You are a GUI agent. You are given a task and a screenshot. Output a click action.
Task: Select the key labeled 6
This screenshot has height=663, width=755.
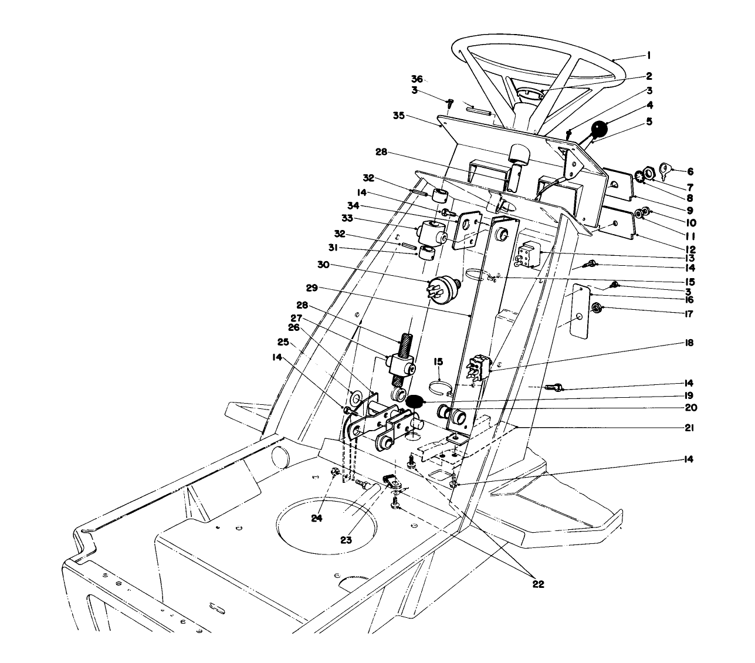(665, 170)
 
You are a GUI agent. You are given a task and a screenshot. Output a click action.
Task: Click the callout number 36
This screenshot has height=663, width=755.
(417, 79)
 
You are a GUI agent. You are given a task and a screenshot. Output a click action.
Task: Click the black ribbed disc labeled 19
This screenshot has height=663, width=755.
(415, 402)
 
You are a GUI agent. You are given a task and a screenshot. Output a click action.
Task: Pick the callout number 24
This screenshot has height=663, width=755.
(317, 518)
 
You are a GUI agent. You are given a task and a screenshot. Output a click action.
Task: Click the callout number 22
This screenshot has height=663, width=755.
(538, 584)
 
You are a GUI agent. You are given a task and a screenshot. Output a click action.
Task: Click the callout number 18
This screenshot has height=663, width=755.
(689, 343)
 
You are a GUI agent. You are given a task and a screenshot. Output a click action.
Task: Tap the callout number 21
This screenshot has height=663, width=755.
(689, 428)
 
